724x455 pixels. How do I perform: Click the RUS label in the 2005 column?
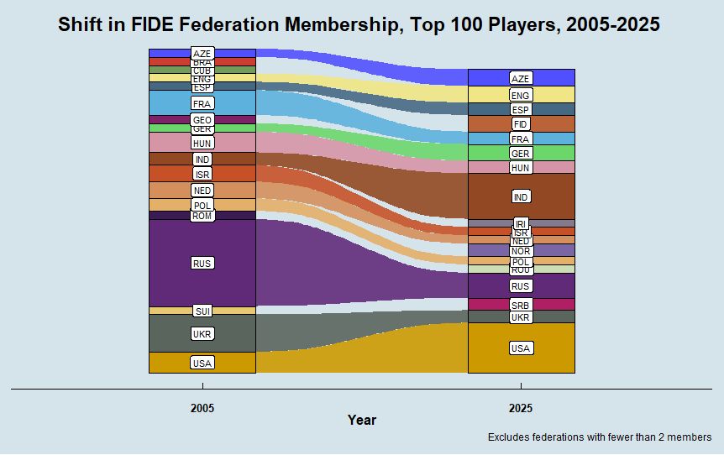tap(202, 264)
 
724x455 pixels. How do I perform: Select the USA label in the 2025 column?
tap(521, 348)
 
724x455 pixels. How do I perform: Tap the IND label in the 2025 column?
tap(521, 196)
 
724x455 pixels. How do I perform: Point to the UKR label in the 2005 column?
tap(202, 334)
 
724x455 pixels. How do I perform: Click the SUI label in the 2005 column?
tap(202, 311)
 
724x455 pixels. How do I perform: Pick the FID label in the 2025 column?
tap(521, 124)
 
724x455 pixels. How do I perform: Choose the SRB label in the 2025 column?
tap(521, 306)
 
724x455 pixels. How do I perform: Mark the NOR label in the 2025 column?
tap(521, 251)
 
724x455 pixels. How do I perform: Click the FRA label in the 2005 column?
tap(202, 103)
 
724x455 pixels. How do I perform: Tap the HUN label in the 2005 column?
tap(202, 144)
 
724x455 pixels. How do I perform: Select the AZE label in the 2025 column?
tap(521, 78)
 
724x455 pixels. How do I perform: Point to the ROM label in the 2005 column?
tap(202, 216)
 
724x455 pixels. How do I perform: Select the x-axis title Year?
tap(362, 420)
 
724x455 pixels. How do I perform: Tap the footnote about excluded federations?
tap(599, 437)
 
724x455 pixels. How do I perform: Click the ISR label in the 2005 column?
tap(202, 174)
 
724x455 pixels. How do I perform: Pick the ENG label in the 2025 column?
tap(521, 96)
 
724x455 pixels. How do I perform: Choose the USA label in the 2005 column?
tap(202, 363)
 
